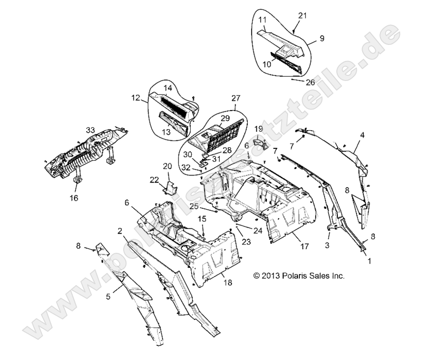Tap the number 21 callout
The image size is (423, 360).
point(303,15)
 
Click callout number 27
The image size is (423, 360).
point(235,99)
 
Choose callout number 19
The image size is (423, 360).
point(258,128)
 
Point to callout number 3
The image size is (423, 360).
point(328,245)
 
